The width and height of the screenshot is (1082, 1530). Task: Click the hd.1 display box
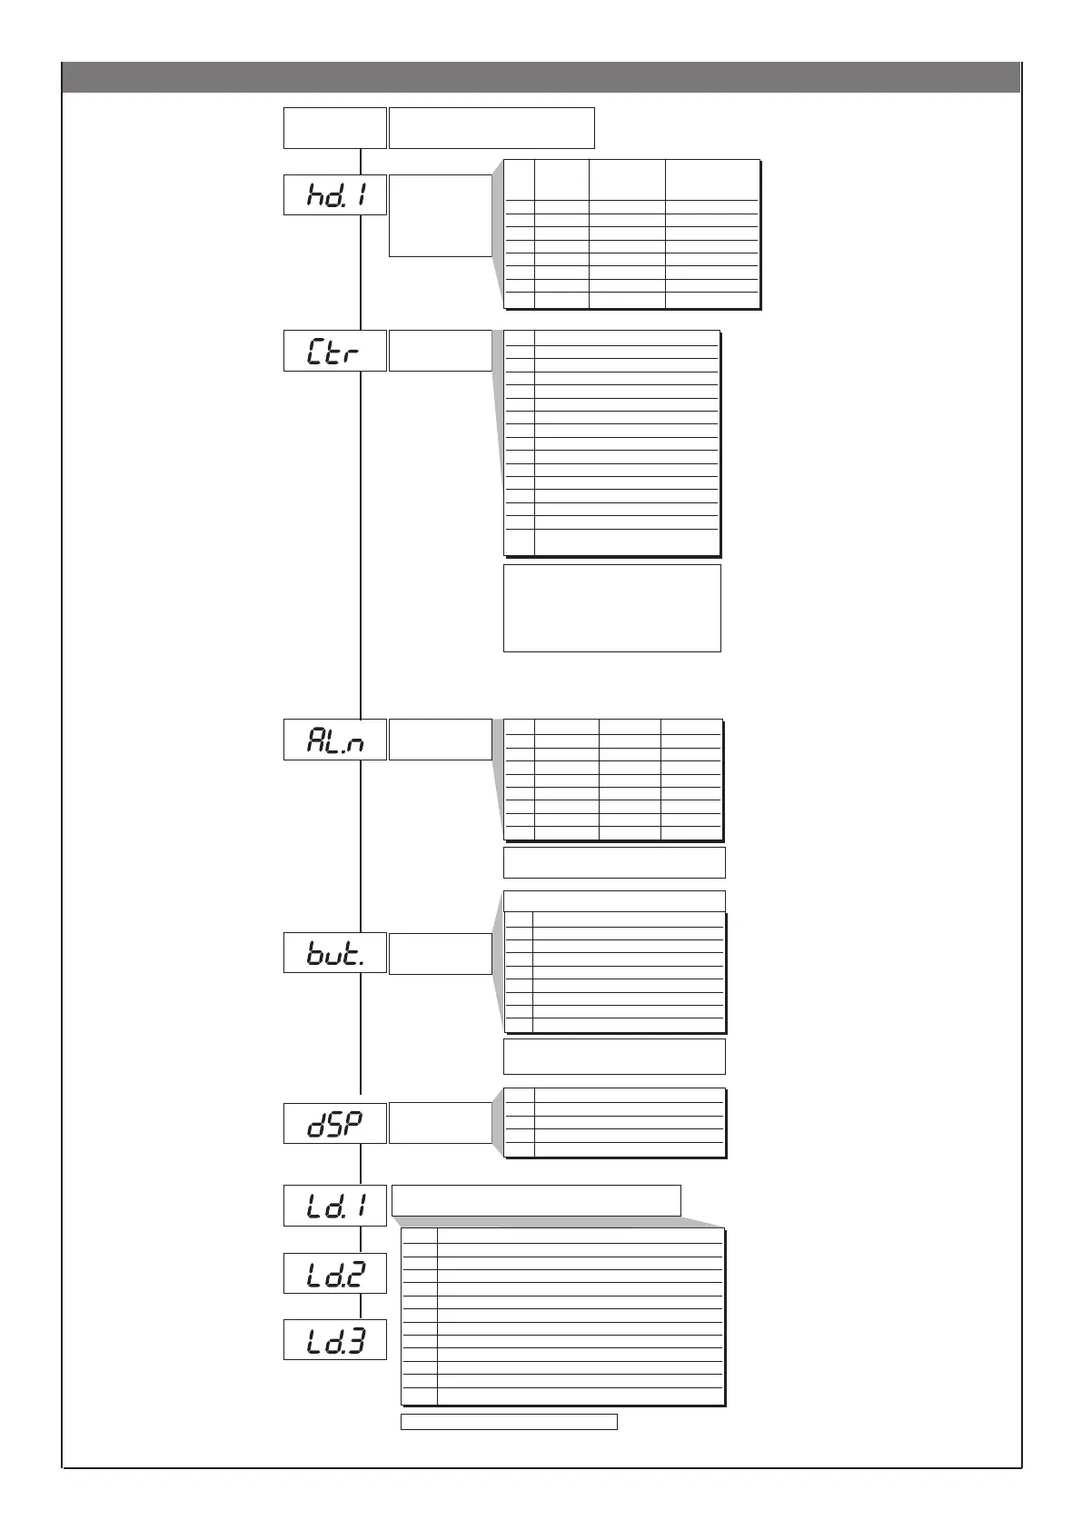click(x=335, y=194)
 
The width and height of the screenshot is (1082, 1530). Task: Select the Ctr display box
click(x=335, y=351)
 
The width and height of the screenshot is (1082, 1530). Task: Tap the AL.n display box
click(x=335, y=740)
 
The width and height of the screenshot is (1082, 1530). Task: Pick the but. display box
click(x=335, y=952)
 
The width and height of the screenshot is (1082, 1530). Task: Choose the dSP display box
click(x=335, y=1123)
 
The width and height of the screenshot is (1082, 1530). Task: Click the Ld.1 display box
click(x=335, y=1206)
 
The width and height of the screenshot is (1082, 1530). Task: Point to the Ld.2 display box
click(x=335, y=1273)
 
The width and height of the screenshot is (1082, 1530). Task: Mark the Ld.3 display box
click(x=335, y=1339)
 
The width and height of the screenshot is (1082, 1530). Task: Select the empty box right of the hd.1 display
click(x=440, y=215)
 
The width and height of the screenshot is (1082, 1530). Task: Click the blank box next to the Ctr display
click(x=440, y=351)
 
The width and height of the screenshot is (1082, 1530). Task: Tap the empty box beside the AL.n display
click(x=440, y=740)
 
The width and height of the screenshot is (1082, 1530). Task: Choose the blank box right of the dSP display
click(x=440, y=1123)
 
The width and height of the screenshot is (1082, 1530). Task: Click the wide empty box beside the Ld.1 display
click(x=536, y=1200)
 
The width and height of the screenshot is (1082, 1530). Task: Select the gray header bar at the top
click(x=541, y=77)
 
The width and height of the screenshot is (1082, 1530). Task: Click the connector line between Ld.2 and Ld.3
click(x=361, y=1306)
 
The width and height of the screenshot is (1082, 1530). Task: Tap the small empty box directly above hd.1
click(x=335, y=127)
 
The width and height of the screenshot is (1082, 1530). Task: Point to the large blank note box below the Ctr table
click(x=612, y=608)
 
